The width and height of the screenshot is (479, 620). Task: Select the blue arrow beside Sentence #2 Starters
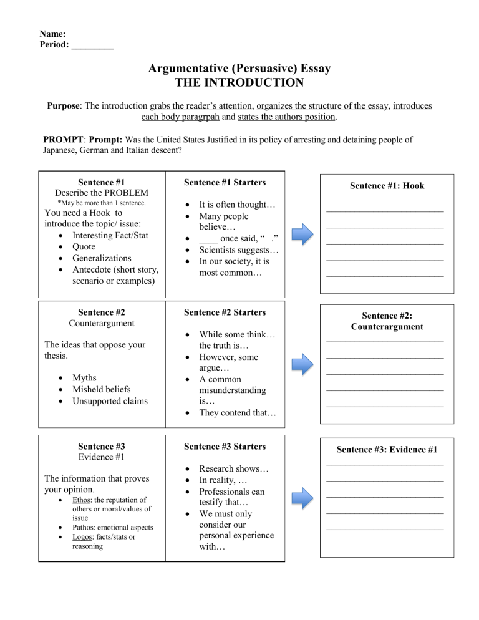(x=302, y=364)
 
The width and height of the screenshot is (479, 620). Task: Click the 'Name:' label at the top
(x=53, y=34)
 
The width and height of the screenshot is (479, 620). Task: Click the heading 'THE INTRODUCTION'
(x=239, y=82)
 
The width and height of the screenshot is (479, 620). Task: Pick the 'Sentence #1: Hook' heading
(x=387, y=185)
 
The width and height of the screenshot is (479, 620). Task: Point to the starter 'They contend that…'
(x=238, y=413)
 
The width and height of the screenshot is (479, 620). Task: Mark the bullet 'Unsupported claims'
(x=110, y=400)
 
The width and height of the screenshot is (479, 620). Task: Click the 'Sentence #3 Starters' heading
(x=225, y=447)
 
